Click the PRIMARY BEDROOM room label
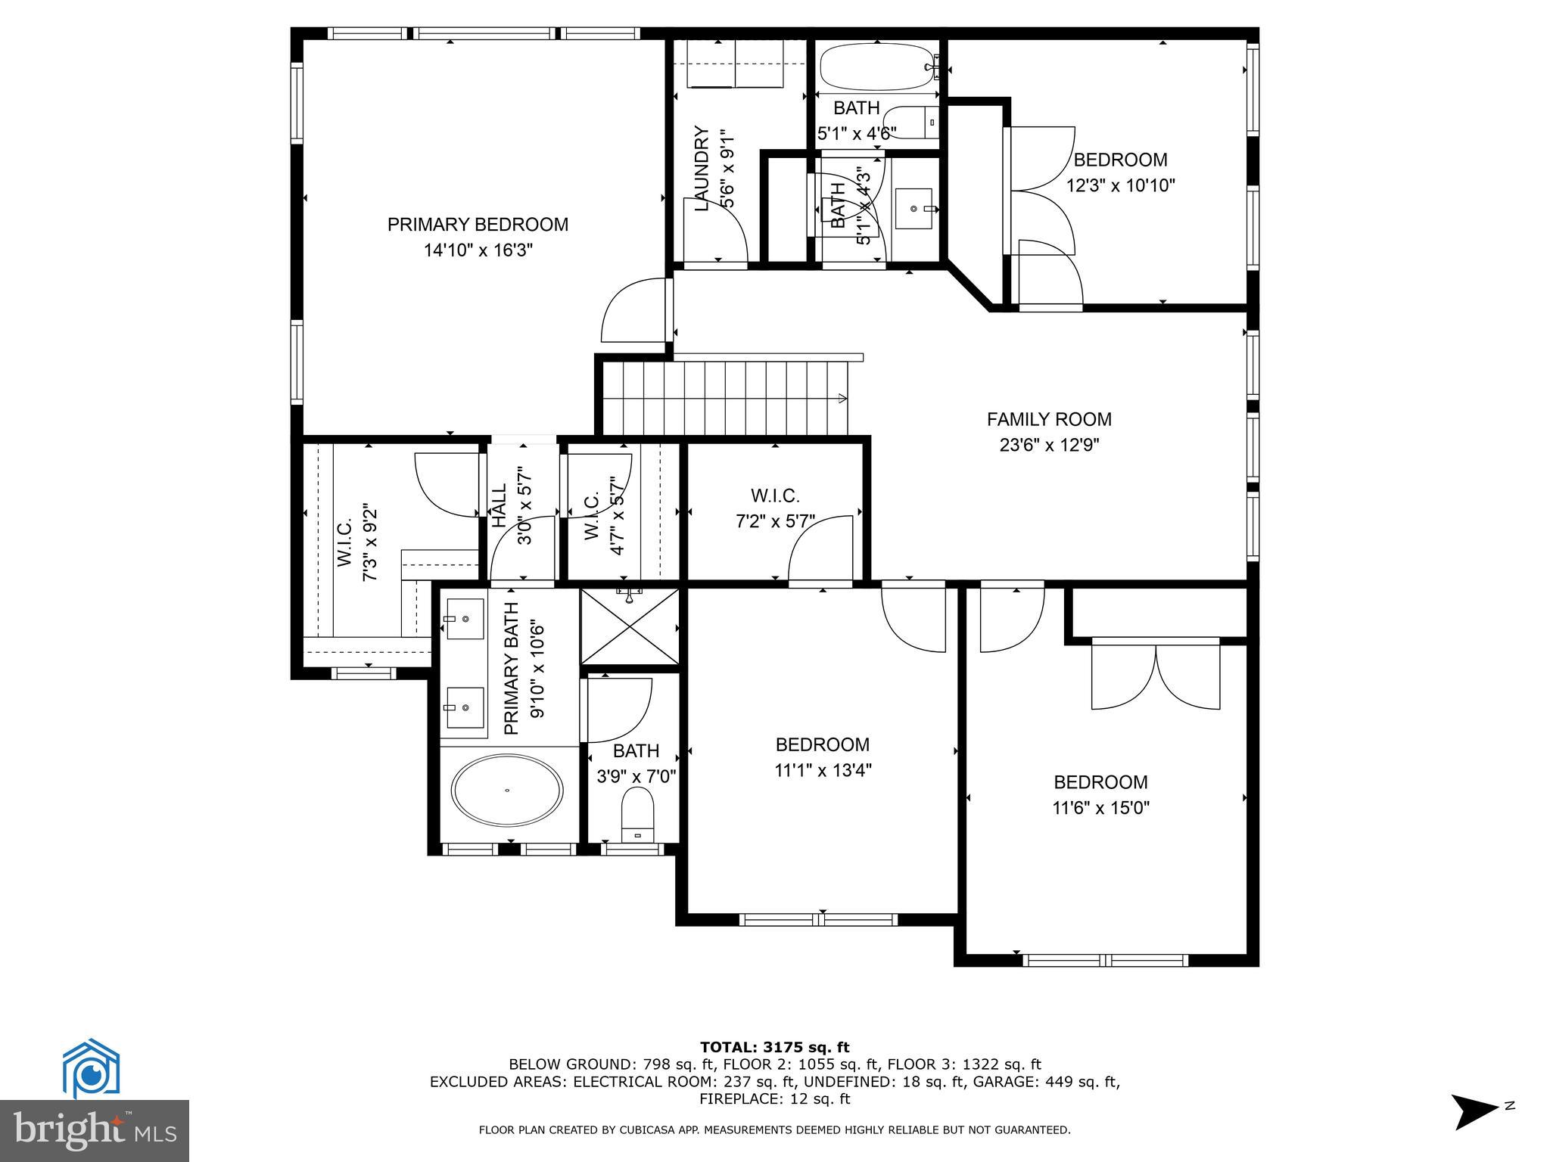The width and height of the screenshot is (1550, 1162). click(x=478, y=225)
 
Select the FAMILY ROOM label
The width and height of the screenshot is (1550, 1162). click(x=1049, y=419)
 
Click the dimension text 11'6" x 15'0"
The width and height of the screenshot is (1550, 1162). click(x=1100, y=808)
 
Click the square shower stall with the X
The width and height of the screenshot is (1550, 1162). click(x=629, y=627)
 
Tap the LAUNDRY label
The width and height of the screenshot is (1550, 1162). click(x=702, y=168)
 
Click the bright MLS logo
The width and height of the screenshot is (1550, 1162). click(x=95, y=1132)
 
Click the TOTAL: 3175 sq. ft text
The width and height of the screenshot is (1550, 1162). click(x=774, y=1047)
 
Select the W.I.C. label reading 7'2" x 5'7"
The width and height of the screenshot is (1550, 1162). click(x=775, y=496)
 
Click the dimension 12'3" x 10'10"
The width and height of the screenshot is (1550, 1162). click(x=1120, y=185)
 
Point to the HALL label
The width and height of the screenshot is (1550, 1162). click(x=500, y=505)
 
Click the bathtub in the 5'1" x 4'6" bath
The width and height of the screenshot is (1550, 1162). click(x=876, y=67)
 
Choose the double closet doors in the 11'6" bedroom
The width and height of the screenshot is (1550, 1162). click(x=1156, y=675)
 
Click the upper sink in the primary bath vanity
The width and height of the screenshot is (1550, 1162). click(x=462, y=619)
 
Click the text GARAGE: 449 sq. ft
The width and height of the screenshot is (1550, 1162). click(x=1063, y=1082)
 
